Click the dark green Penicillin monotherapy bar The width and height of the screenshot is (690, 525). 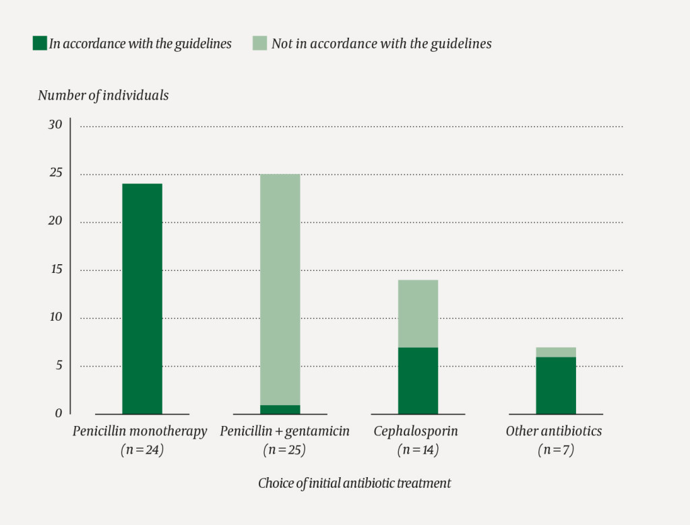(x=142, y=299)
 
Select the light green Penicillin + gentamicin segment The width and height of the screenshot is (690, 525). (x=280, y=290)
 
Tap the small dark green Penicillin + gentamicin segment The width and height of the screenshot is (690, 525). (x=280, y=409)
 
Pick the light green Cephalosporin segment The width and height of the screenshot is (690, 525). (x=418, y=313)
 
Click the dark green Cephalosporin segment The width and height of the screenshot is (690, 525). (x=418, y=380)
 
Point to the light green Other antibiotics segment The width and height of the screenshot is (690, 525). (x=556, y=352)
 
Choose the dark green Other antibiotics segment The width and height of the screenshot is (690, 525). (x=556, y=385)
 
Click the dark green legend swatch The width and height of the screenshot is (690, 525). (x=39, y=44)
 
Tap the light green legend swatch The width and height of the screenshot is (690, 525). (x=260, y=44)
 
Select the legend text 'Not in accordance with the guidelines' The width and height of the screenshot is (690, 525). (x=381, y=44)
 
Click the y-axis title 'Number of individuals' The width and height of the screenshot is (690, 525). (x=103, y=95)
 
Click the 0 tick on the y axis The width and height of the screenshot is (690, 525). (x=59, y=413)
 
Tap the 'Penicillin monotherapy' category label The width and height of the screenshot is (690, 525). (x=140, y=431)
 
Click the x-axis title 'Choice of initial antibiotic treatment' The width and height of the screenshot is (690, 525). (x=354, y=483)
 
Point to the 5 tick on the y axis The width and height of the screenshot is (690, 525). (x=59, y=365)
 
